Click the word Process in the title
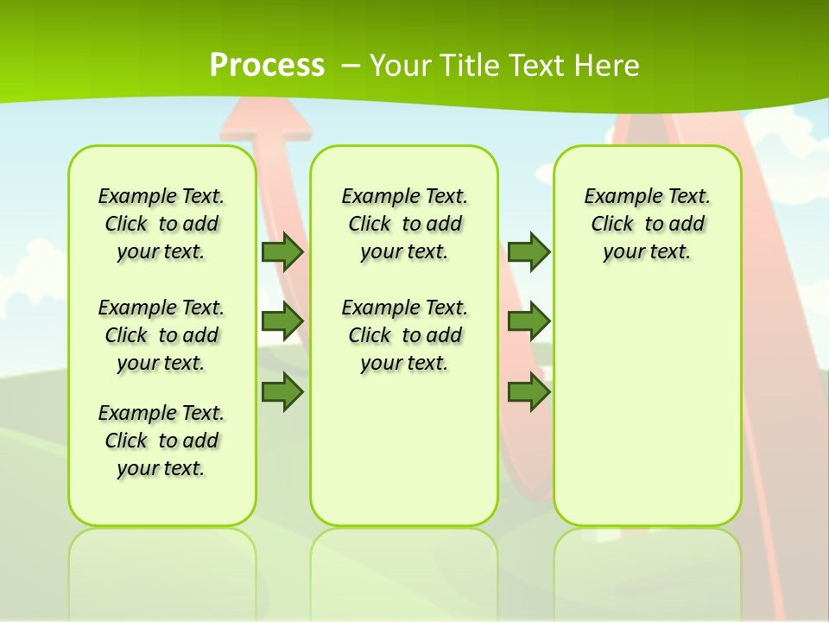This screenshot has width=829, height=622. pyautogui.click(x=267, y=66)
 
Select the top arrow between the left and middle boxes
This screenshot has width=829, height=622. pyautogui.click(x=282, y=251)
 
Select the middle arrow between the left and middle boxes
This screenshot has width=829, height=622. pyautogui.click(x=282, y=321)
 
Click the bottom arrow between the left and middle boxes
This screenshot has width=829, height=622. pyautogui.click(x=282, y=392)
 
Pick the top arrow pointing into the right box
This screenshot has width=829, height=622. pyautogui.click(x=528, y=251)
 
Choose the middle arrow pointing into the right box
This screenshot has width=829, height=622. pyautogui.click(x=528, y=321)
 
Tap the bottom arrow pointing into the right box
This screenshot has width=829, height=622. pyautogui.click(x=528, y=392)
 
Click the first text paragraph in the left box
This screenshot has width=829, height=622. pyautogui.click(x=161, y=224)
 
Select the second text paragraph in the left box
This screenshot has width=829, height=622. pyautogui.click(x=161, y=335)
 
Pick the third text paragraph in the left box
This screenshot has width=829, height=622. pyautogui.click(x=161, y=441)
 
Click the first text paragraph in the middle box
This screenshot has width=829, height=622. pyautogui.click(x=404, y=224)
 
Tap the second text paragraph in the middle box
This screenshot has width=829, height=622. pyautogui.click(x=404, y=335)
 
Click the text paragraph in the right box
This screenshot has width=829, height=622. pyautogui.click(x=647, y=224)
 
